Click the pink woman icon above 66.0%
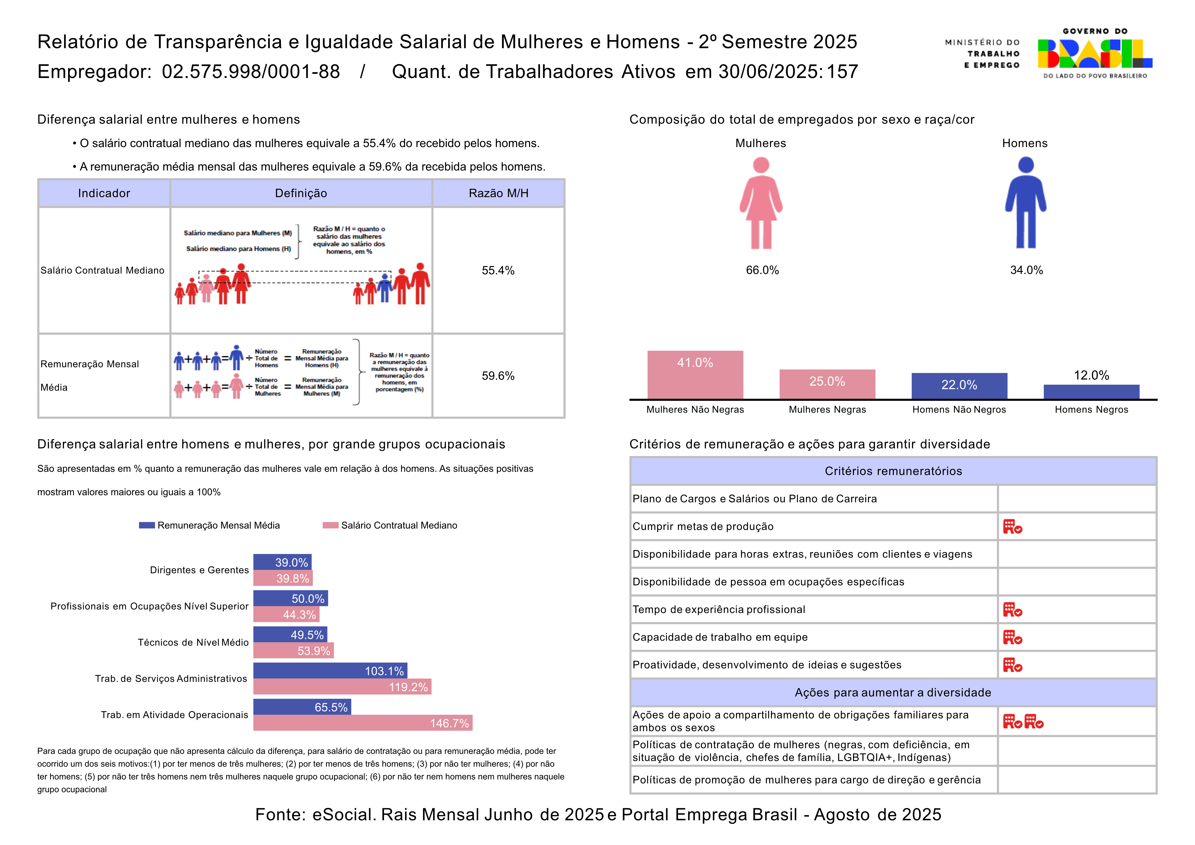(761, 203)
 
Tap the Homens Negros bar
(1092, 392)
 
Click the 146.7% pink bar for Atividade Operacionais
(363, 723)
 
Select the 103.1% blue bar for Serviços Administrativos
(330, 671)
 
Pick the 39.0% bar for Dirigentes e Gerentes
(282, 562)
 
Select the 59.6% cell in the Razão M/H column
(498, 376)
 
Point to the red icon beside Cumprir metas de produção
(1012, 526)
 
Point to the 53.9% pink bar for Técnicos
(293, 650)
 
